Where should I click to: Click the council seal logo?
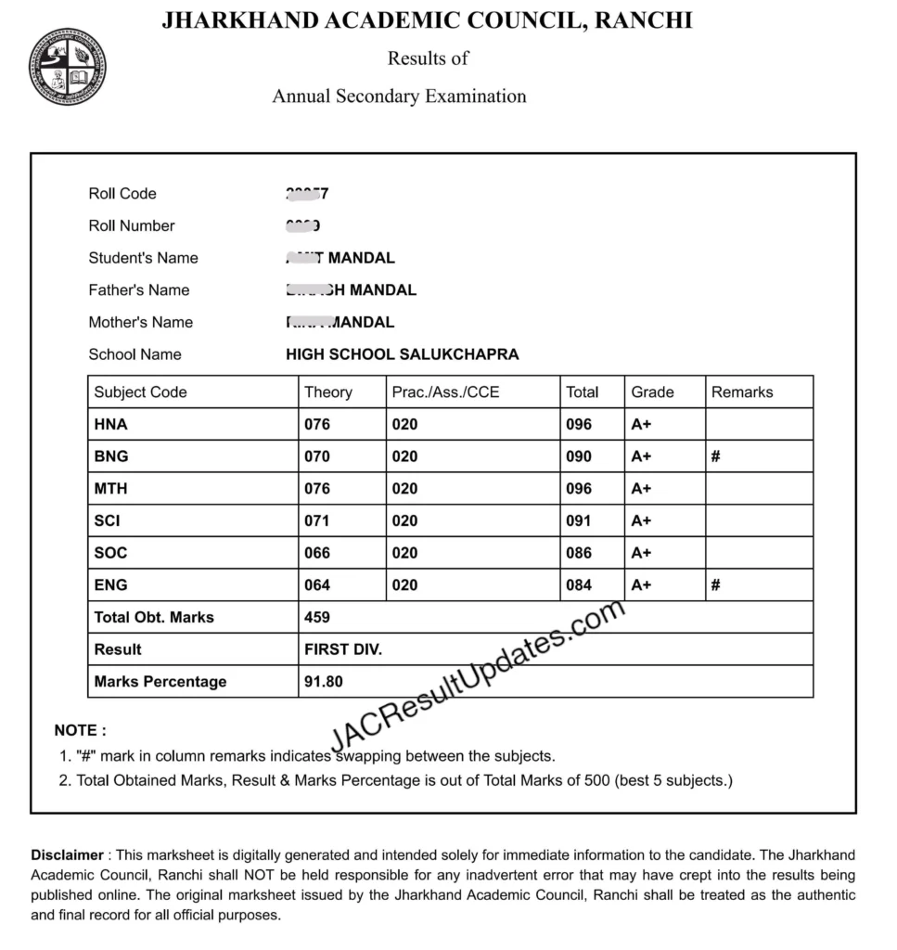[x=68, y=67]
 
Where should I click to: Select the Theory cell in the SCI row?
[x=316, y=521]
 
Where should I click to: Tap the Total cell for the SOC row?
[x=578, y=553]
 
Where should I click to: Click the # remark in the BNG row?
[x=716, y=456]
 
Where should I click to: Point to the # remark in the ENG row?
[x=716, y=585]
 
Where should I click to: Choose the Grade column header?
[x=652, y=392]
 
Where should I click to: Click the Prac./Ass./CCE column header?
[x=445, y=392]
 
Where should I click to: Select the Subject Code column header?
[x=140, y=392]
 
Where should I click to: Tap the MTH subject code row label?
[x=110, y=489]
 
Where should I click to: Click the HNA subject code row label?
[x=110, y=425]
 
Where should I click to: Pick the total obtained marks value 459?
[x=316, y=618]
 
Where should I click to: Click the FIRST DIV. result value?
[x=342, y=649]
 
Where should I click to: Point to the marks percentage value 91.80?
[x=323, y=682]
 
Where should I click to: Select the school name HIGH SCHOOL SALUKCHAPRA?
[x=402, y=354]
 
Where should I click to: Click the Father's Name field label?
[x=138, y=290]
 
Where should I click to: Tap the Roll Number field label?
[x=131, y=225]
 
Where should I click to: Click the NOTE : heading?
[x=80, y=731]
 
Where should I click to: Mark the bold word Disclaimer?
[x=67, y=855]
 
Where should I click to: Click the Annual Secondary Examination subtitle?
[x=399, y=96]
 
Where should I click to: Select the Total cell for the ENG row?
[x=578, y=585]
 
